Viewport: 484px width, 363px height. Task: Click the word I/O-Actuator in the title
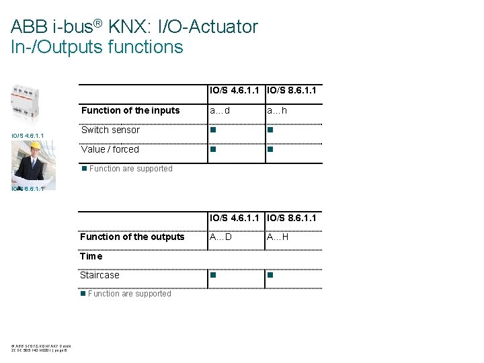click(x=207, y=28)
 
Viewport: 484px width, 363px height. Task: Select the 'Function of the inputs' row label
click(x=130, y=110)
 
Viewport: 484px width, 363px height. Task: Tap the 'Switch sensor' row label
click(x=110, y=130)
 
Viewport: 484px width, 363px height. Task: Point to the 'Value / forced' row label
click(x=110, y=149)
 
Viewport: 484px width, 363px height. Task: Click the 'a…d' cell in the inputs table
click(x=219, y=110)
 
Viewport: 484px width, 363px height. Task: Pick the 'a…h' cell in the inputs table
click(x=276, y=110)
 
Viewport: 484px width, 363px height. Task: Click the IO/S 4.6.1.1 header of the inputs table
click(x=236, y=90)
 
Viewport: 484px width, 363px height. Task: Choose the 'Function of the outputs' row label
click(x=132, y=237)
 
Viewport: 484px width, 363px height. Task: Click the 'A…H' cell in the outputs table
click(x=278, y=237)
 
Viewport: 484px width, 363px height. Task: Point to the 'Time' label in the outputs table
click(x=91, y=256)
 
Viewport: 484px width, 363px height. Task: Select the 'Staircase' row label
click(x=99, y=275)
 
